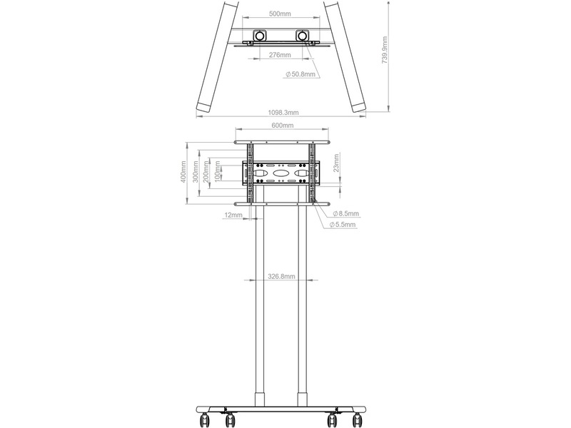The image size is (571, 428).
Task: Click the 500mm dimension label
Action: click(280, 14)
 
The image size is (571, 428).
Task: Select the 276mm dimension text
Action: click(280, 55)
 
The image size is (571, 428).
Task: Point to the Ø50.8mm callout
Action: click(300, 74)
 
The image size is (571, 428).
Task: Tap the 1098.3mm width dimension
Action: click(283, 113)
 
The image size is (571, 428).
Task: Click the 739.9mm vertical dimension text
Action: click(385, 50)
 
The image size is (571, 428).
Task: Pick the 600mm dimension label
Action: click(282, 126)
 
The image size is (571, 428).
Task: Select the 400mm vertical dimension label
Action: click(183, 173)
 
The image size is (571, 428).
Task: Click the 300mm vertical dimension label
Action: click(195, 173)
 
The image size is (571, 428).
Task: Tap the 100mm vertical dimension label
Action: click(218, 172)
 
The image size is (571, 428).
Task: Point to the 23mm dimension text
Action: click(335, 163)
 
